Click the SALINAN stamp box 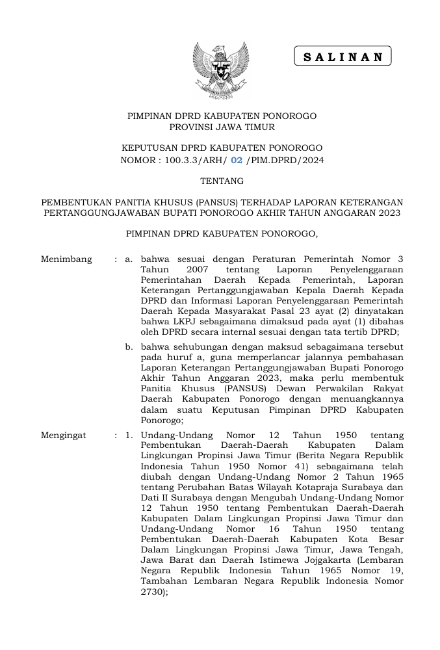(343, 57)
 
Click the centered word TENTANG (221, 181)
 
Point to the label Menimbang (66, 259)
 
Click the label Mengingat (64, 435)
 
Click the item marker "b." (129, 347)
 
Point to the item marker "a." (129, 259)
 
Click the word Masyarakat (236, 311)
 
